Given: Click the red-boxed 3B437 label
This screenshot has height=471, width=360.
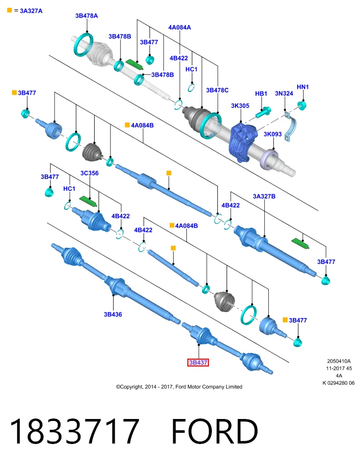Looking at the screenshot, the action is click(x=198, y=363).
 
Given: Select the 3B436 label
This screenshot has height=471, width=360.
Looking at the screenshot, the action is click(x=113, y=314).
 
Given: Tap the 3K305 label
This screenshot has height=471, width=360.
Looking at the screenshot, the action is click(x=240, y=106).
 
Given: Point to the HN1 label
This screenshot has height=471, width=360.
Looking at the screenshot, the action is click(x=303, y=87).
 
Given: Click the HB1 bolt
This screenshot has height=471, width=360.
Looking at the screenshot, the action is click(x=263, y=112).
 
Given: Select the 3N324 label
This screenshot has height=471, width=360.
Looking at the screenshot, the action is click(x=284, y=93).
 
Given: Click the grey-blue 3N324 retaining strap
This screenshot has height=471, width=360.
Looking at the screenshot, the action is click(x=291, y=127).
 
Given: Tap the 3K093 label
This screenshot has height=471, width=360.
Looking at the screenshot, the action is click(x=273, y=134).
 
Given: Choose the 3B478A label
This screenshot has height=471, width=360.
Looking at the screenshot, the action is click(x=86, y=16).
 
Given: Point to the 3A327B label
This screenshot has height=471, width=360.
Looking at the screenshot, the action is click(x=264, y=196).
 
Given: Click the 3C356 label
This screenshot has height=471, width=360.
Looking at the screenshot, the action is click(x=89, y=173).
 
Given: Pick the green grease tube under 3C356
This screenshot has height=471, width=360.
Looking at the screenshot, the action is click(x=88, y=201).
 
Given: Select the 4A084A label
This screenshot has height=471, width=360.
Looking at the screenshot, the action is click(x=180, y=27).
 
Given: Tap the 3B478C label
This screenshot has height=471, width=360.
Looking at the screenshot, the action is click(x=217, y=90).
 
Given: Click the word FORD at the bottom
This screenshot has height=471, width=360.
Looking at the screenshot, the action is click(x=215, y=431).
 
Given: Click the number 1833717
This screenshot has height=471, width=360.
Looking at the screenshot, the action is click(x=74, y=431).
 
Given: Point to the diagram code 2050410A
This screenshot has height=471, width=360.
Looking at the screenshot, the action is click(x=339, y=361).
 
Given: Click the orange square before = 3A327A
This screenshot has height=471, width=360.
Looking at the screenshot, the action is click(x=10, y=10).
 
